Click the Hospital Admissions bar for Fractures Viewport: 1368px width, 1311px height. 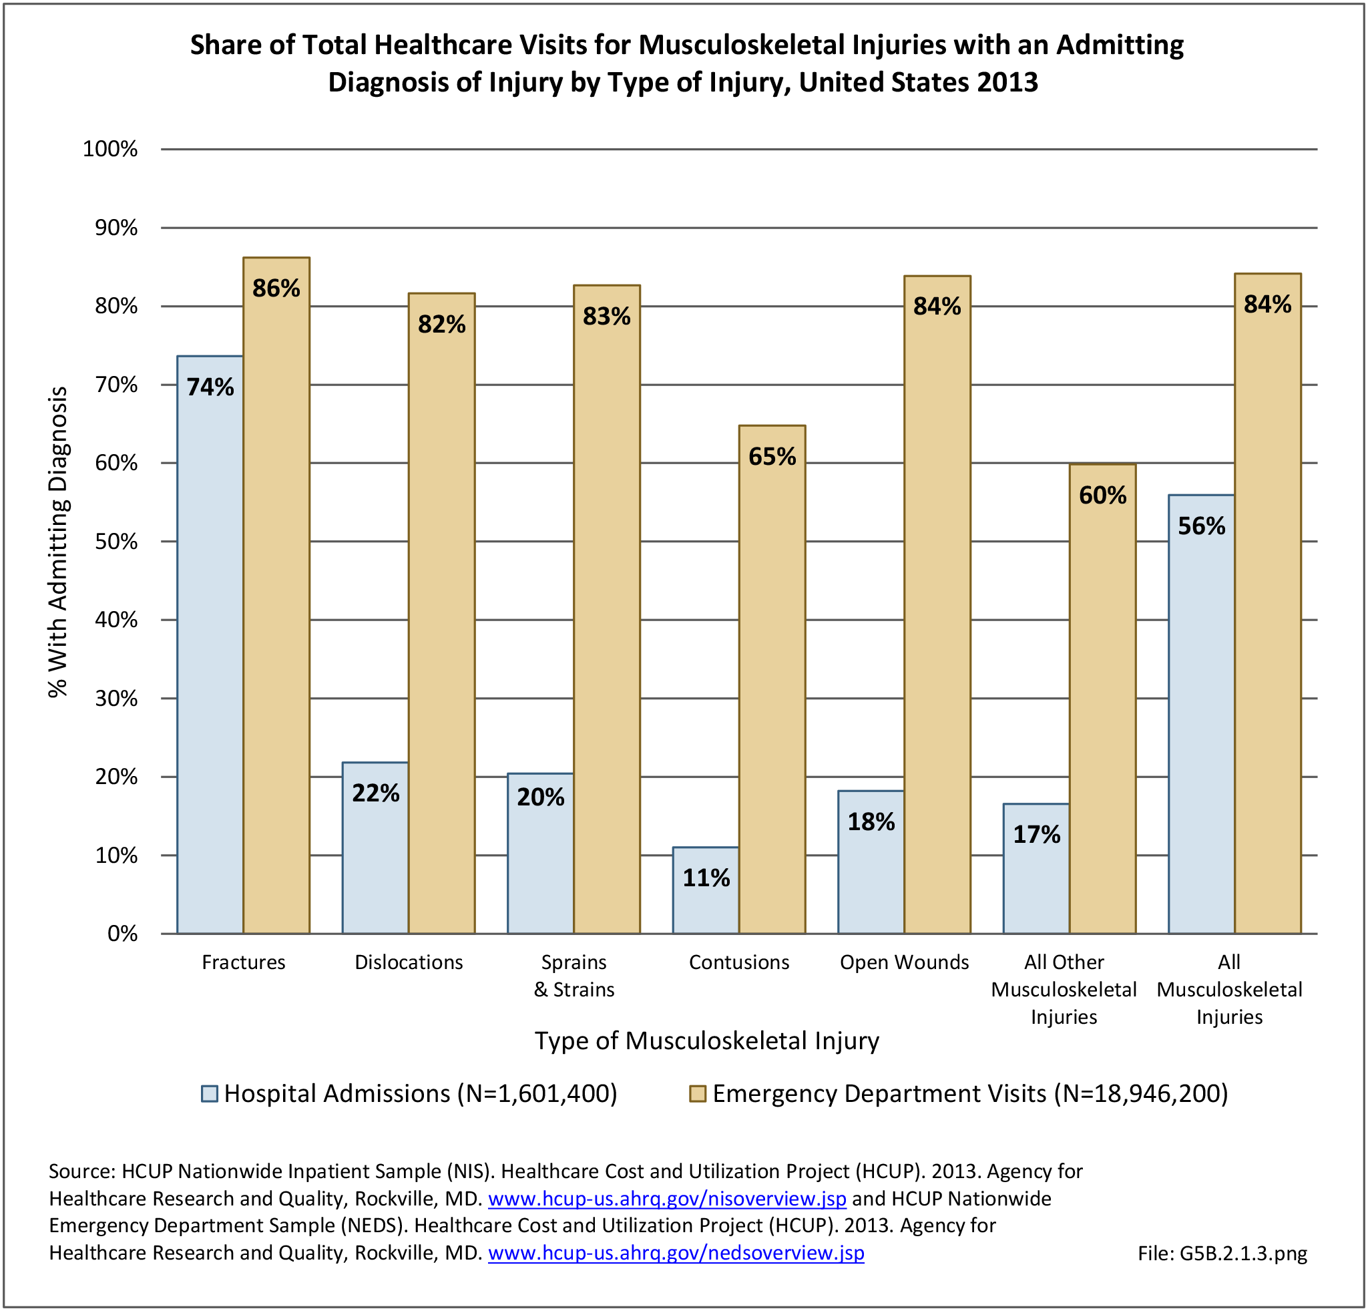[210, 644]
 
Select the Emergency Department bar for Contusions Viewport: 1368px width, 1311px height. [772, 679]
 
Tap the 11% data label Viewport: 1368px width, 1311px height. [706, 878]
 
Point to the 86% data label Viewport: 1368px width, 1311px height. [276, 289]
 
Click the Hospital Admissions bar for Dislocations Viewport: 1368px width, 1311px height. [375, 848]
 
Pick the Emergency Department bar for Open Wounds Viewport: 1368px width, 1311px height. [937, 604]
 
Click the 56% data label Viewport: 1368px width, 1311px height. [1201, 526]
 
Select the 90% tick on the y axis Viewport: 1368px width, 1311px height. [116, 228]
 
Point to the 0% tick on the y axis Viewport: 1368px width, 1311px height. [122, 934]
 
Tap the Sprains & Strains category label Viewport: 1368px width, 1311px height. [574, 975]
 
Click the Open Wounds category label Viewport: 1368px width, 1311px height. [904, 962]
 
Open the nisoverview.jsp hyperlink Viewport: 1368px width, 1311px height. [666, 1199]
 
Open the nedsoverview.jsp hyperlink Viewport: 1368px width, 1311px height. [676, 1253]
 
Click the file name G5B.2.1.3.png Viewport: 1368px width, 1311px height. [1222, 1254]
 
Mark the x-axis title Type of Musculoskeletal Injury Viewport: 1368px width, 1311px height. [706, 1040]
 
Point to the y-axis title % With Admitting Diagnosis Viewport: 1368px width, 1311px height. [59, 542]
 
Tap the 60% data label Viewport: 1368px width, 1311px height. [1103, 495]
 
